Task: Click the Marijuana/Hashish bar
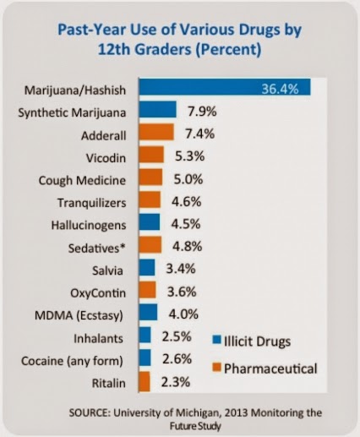(x=225, y=87)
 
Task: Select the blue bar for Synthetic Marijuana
(x=157, y=110)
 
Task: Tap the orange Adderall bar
(x=156, y=132)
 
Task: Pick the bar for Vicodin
(x=151, y=155)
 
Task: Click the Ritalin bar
(x=145, y=382)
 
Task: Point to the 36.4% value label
(x=280, y=89)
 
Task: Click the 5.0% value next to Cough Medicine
(x=188, y=179)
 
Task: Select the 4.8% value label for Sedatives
(x=187, y=247)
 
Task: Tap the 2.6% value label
(x=177, y=359)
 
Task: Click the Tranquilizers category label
(x=92, y=203)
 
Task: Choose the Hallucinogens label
(x=89, y=226)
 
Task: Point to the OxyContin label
(x=98, y=293)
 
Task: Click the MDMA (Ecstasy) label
(x=79, y=315)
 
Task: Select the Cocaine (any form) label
(x=72, y=361)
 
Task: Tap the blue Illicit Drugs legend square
(x=217, y=340)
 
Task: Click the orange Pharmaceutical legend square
(x=217, y=368)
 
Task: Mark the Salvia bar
(x=147, y=267)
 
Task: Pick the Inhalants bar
(x=145, y=335)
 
